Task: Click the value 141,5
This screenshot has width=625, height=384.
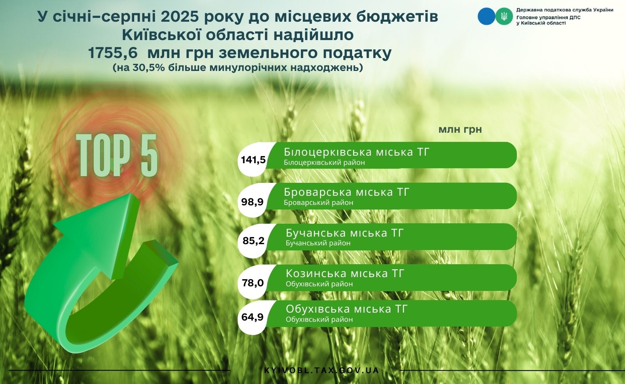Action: (253, 160)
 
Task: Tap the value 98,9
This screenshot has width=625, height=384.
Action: (252, 202)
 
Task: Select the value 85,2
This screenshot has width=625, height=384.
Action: (253, 240)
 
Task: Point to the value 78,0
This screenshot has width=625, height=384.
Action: (253, 283)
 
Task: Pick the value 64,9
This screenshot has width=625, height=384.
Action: (252, 317)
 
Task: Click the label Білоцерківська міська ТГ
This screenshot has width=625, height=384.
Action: (356, 152)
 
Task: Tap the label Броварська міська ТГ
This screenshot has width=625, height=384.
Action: (346, 192)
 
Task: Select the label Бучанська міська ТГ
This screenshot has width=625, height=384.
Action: (345, 233)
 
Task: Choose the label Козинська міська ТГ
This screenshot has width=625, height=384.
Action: (345, 273)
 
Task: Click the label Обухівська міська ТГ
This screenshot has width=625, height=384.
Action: (347, 309)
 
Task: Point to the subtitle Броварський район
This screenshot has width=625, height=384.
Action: (318, 202)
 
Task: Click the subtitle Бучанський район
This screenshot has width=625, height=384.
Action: (318, 243)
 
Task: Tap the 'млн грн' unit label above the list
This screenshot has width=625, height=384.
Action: (460, 130)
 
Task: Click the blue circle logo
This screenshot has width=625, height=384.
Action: (486, 16)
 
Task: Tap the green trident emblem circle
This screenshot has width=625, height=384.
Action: (504, 16)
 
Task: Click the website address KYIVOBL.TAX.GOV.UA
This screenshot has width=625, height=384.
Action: (322, 371)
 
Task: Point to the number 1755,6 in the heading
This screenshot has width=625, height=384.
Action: (113, 53)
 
